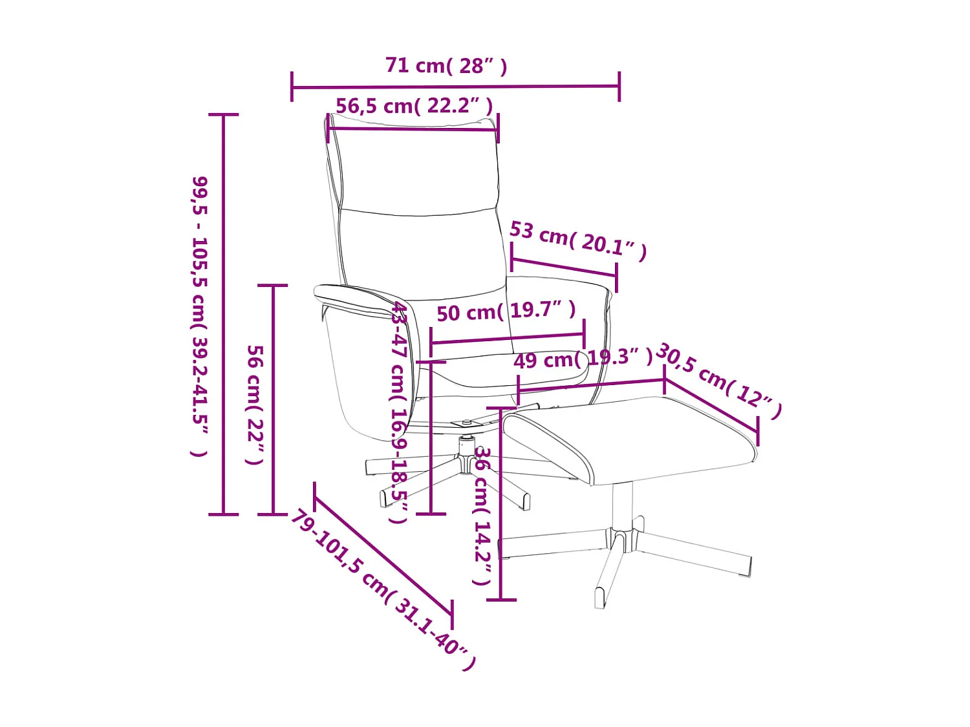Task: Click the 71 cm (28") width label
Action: [446, 66]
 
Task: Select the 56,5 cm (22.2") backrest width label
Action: [414, 106]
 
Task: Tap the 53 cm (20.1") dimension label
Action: [578, 241]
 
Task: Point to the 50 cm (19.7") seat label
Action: [506, 311]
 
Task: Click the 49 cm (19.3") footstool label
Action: [583, 359]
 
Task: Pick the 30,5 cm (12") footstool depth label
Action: [718, 381]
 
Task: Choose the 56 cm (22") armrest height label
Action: [255, 405]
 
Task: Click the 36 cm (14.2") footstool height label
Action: [482, 516]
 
